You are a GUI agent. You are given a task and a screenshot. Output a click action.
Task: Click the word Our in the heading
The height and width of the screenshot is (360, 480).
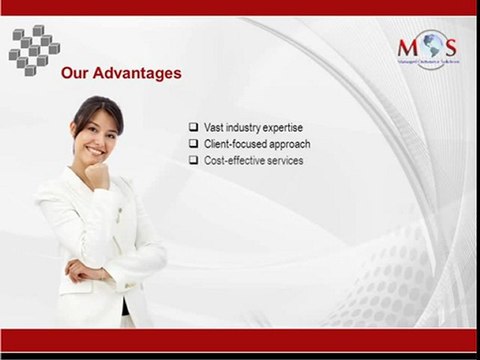(x=76, y=73)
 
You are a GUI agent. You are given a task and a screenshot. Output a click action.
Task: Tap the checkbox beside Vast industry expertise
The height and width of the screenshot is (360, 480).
(x=193, y=127)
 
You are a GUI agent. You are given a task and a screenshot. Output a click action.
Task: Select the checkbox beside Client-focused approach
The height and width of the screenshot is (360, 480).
(x=193, y=144)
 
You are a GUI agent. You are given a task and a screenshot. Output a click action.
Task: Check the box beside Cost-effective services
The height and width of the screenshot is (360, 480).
(x=193, y=160)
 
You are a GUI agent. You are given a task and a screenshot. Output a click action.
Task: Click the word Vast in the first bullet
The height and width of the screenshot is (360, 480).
(x=213, y=127)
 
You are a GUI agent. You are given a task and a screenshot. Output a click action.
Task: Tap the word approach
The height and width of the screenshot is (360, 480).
(x=290, y=144)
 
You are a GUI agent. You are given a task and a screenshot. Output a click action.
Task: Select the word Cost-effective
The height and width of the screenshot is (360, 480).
(x=234, y=160)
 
